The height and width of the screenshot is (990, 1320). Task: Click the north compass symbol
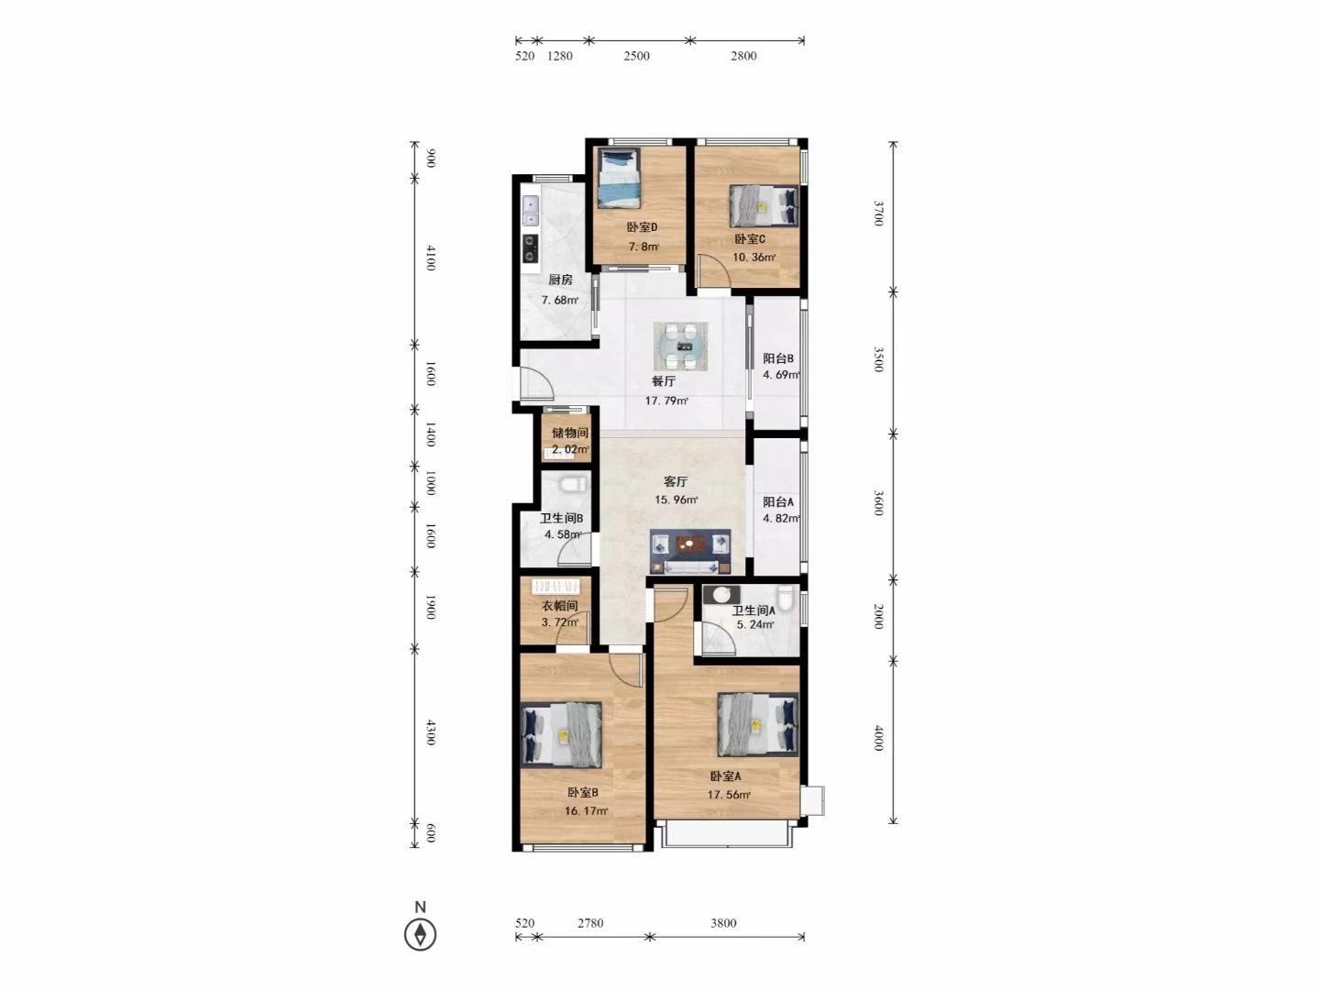[x=421, y=935]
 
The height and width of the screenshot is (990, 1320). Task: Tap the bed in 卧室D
[x=620, y=179]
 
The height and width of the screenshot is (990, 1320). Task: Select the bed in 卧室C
[x=764, y=206]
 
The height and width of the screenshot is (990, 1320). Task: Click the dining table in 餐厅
[x=681, y=346]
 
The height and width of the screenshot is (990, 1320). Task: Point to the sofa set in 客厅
[x=690, y=552]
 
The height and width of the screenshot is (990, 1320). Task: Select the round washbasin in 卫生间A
[x=721, y=595]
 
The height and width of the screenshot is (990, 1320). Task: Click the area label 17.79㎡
[x=666, y=401]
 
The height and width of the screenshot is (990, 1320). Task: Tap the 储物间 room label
[x=569, y=433]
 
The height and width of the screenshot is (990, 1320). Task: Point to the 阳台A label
[x=778, y=502]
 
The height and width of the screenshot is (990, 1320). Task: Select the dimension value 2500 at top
[x=636, y=56]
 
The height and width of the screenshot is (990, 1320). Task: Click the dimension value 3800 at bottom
[x=723, y=923]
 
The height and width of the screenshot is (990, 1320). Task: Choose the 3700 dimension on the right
[x=878, y=213]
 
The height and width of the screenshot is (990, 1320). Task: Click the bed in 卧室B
[x=561, y=734]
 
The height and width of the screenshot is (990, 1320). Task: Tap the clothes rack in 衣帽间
[x=555, y=586]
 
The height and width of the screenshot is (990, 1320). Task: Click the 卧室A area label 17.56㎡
[x=728, y=795]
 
